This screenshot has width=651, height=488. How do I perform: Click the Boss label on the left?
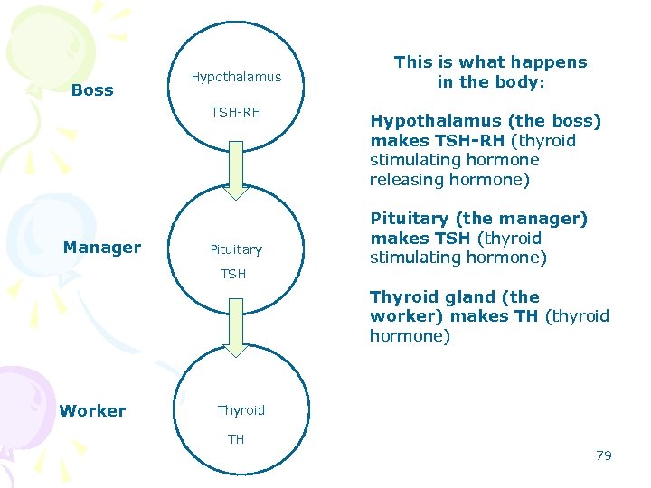tap(92, 90)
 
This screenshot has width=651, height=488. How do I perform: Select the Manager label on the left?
tap(102, 248)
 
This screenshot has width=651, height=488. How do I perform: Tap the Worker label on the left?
tap(92, 411)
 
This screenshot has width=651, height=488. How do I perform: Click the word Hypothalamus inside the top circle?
tap(236, 78)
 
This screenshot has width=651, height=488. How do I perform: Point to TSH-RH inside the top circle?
tap(235, 113)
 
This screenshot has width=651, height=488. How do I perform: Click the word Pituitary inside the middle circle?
tap(236, 249)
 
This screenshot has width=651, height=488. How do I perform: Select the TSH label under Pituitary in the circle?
tap(233, 274)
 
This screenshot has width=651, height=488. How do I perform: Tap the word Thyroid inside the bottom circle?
tap(241, 410)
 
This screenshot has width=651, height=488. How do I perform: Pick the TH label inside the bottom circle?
tap(236, 439)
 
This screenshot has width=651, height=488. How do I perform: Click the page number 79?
tap(604, 455)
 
